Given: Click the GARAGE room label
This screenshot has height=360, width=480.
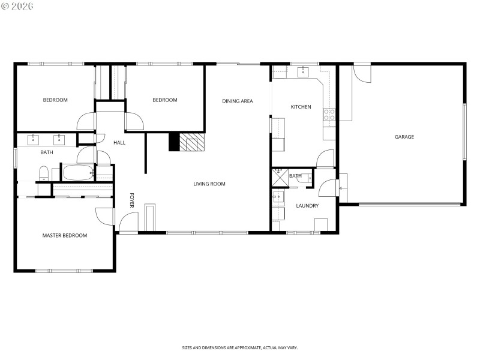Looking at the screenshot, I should coord(404,137).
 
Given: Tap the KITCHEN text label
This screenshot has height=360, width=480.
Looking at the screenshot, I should coord(301,107).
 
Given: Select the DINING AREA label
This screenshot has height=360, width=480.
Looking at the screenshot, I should coord(237,101).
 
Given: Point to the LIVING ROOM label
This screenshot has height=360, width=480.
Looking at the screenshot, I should coord(209,184).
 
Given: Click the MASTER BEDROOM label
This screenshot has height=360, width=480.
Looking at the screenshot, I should coord(64,235).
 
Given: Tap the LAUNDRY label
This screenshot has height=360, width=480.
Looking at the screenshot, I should coord(307,206).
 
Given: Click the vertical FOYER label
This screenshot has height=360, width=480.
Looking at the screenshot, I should coord(132,201).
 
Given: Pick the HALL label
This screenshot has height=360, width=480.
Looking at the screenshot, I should coord(119,142).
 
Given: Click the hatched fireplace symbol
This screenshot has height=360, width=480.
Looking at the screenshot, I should coord(193,142).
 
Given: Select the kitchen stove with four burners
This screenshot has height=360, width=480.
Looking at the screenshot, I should coord(329,114).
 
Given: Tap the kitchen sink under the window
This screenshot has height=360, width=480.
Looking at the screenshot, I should coord(304,73).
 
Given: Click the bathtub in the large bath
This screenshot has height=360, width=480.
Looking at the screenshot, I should coord(77,173).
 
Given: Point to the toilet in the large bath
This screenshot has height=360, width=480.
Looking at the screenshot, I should coord(43,173).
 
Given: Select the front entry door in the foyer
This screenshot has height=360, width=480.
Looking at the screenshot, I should coord(128,223).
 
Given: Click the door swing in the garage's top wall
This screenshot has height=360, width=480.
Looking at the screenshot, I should coord(362,73).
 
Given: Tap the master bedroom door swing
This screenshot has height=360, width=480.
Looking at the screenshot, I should coord(105,216).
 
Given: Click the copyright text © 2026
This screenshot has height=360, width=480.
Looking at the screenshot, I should coord(17,6).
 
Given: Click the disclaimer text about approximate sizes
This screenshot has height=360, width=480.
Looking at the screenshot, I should coord(240,347).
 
